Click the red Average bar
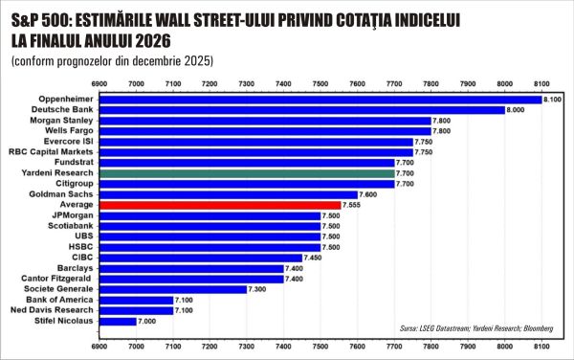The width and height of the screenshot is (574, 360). tap(220, 205)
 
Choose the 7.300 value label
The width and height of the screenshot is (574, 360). tap(258, 289)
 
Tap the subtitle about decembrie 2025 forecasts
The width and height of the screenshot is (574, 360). tap(113, 60)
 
